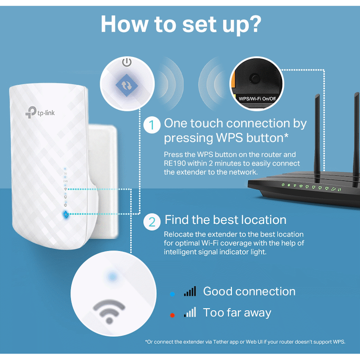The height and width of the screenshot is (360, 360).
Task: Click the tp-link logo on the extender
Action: [x=40, y=112]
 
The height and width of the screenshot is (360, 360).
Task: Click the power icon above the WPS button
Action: [x=127, y=63]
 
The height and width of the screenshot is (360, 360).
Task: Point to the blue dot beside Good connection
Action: [x=172, y=293]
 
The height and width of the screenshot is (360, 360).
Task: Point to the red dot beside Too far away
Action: [x=172, y=315]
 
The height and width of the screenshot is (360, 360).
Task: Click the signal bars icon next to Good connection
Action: [x=190, y=291]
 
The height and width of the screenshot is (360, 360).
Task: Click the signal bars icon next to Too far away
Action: [x=190, y=313]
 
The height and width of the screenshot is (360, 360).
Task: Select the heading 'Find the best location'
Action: [x=225, y=220]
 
